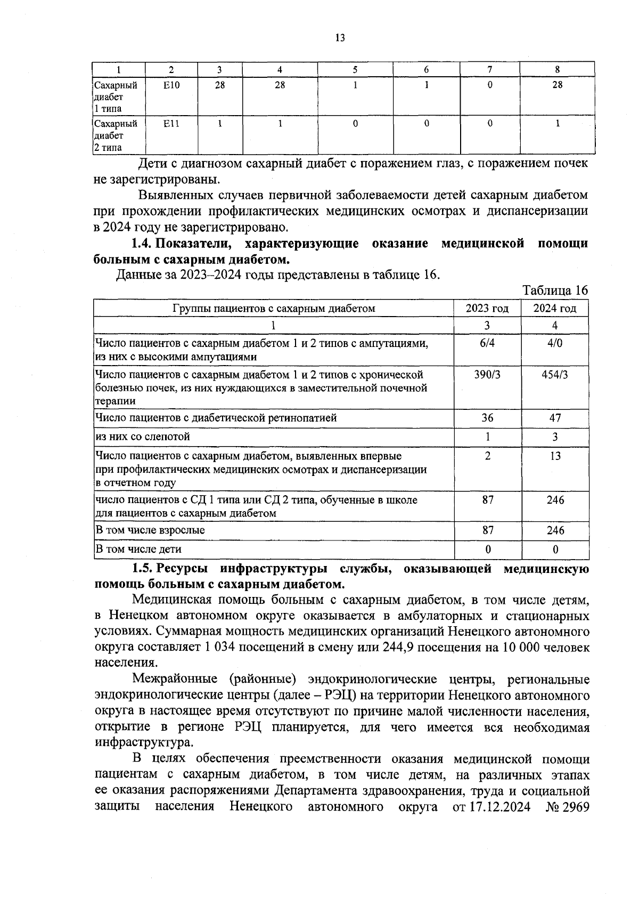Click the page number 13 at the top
(x=340, y=38)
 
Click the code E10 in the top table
(x=171, y=85)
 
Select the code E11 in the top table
(x=171, y=124)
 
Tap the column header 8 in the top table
(x=557, y=69)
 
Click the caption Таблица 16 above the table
(x=555, y=290)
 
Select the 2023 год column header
(x=487, y=308)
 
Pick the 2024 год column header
(x=554, y=308)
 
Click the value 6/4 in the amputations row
(x=487, y=343)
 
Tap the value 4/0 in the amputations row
(x=554, y=343)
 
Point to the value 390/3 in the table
(x=487, y=375)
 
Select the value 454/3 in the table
(x=554, y=375)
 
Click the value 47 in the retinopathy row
(x=555, y=418)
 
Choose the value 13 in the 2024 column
(x=555, y=456)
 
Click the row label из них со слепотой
(x=143, y=437)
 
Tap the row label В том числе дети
(x=138, y=549)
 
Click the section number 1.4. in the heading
(x=142, y=244)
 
